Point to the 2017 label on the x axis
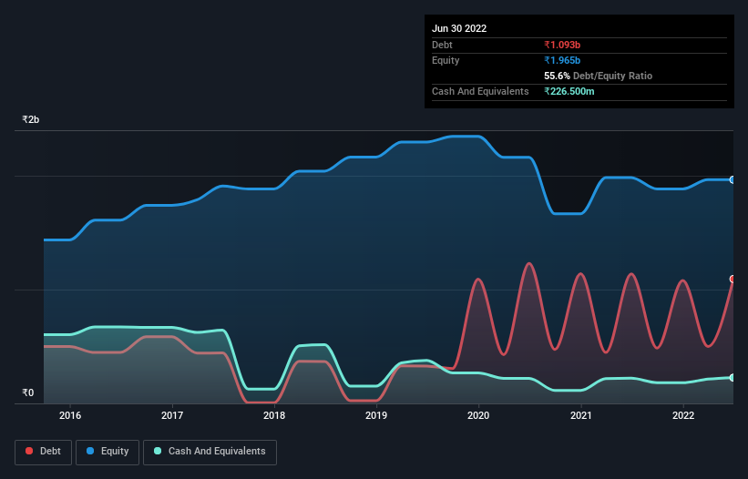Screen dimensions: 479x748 (171, 416)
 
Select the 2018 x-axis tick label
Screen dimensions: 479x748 (273, 416)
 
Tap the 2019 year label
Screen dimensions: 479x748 (375, 416)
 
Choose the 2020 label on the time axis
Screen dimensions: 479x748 (477, 416)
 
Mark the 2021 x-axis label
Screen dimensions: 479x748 (579, 416)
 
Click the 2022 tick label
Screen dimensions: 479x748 (681, 416)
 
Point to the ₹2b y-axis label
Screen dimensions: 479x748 (31, 120)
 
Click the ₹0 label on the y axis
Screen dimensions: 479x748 (28, 393)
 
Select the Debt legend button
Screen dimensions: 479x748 (44, 452)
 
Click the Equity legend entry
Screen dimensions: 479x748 (108, 452)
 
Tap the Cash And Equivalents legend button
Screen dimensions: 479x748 (210, 452)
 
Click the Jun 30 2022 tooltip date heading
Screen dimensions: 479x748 (459, 28)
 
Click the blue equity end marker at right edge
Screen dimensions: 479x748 (732, 179)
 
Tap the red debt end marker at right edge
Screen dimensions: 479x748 (732, 279)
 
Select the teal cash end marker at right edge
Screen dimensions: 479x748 (732, 377)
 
